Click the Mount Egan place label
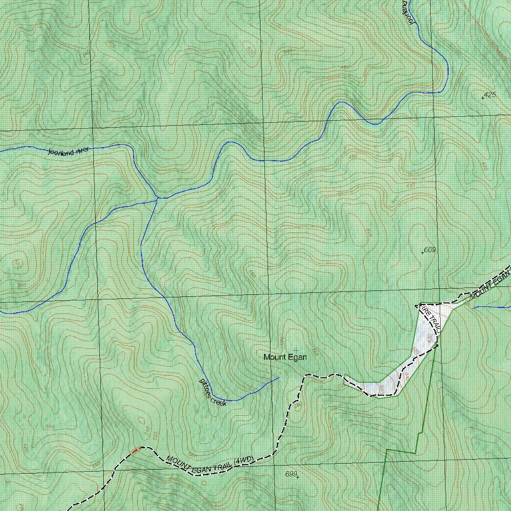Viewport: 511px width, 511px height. point(285,357)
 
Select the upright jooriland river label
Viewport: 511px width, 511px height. point(68,151)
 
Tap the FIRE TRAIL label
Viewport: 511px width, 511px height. point(429,319)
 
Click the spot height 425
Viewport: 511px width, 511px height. point(489,95)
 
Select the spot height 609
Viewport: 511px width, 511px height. point(429,250)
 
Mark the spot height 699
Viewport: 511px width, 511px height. point(291,474)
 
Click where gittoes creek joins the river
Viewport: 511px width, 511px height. point(158,199)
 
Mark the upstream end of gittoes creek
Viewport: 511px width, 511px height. point(278,378)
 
